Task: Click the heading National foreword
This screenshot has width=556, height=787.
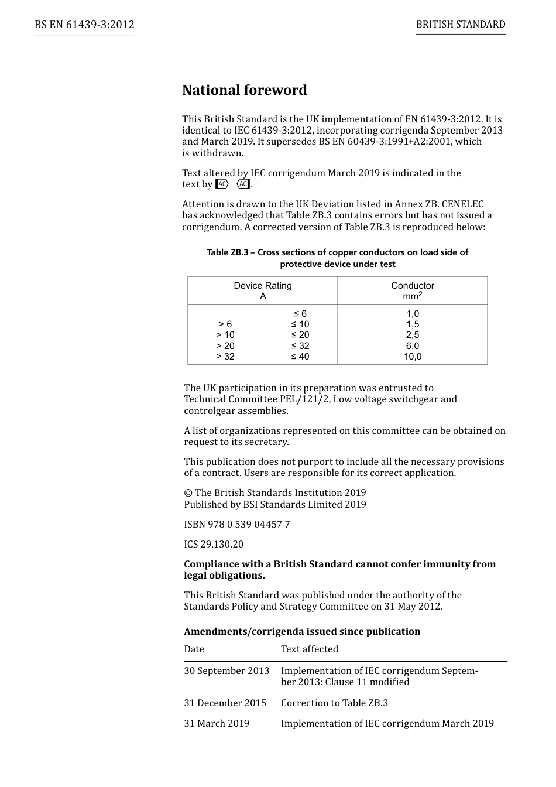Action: click(x=244, y=90)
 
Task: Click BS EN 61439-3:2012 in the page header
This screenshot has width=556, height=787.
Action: click(x=84, y=25)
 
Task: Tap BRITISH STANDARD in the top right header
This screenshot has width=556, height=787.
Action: click(x=461, y=25)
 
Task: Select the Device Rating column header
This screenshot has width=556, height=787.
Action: click(x=263, y=290)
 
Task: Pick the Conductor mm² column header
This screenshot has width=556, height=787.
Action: click(x=413, y=290)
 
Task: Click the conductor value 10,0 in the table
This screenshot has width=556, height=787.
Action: click(x=413, y=356)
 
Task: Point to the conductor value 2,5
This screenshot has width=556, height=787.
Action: click(x=413, y=335)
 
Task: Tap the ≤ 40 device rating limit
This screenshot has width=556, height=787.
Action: click(x=300, y=356)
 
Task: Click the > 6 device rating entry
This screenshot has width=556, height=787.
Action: click(x=225, y=324)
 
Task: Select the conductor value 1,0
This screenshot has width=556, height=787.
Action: click(x=413, y=314)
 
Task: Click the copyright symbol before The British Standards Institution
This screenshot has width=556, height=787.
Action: click(x=188, y=493)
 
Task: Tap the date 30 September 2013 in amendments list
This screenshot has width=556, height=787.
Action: click(x=226, y=670)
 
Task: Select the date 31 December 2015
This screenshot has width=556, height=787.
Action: click(x=225, y=703)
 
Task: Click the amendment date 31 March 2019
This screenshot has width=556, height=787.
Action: click(x=217, y=723)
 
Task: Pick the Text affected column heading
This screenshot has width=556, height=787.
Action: click(x=310, y=649)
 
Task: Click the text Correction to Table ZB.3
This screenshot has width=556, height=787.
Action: click(x=334, y=703)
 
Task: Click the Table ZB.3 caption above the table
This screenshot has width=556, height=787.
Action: click(x=338, y=258)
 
